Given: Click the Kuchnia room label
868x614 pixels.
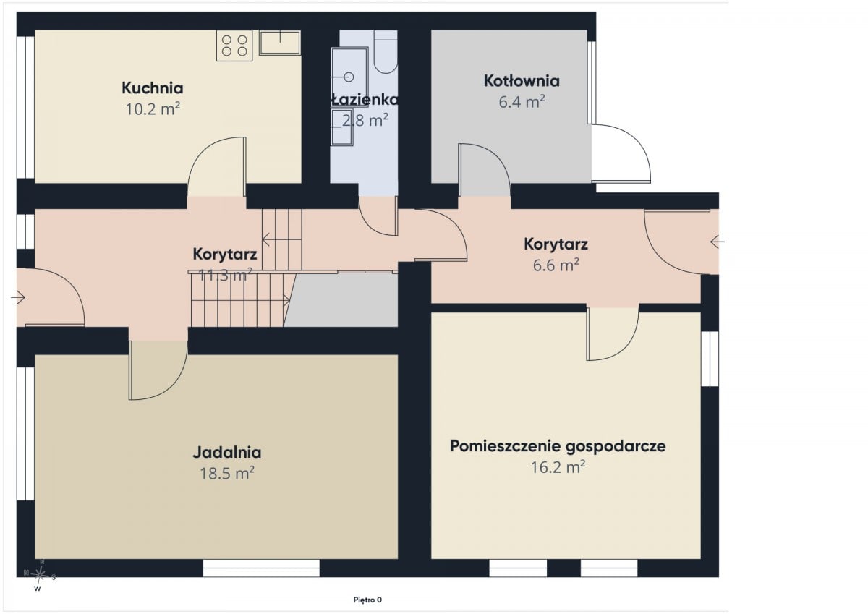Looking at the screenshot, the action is (x=153, y=88).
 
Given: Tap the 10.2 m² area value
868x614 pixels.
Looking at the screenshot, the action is (x=153, y=109).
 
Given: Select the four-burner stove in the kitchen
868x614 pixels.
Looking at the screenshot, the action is (x=234, y=46).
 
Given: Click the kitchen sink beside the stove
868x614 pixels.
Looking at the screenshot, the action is (x=280, y=43).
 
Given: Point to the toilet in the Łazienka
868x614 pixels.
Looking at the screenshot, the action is (x=386, y=52).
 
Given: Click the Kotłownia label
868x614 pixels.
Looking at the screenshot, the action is (x=522, y=81).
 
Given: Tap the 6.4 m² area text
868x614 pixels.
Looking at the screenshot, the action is (x=522, y=102).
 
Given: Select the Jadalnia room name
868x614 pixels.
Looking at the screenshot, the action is (x=227, y=453).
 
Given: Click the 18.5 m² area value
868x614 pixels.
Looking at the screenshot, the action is (x=227, y=474).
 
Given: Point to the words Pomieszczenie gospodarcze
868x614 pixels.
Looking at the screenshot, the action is (x=558, y=446).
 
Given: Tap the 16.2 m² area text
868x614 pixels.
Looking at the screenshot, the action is (x=558, y=468).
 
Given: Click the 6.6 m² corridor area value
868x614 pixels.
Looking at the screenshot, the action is (x=556, y=265).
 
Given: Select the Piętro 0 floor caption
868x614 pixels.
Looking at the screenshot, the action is (x=367, y=600).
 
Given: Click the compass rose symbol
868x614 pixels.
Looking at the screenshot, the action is (x=39, y=574).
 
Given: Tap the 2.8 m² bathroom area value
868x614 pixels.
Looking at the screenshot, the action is (x=365, y=121).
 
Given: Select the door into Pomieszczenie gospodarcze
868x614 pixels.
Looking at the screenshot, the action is (x=612, y=334).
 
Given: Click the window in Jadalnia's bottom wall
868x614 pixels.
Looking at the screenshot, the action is (x=261, y=568).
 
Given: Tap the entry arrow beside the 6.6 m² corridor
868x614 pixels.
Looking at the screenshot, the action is (x=718, y=242).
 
